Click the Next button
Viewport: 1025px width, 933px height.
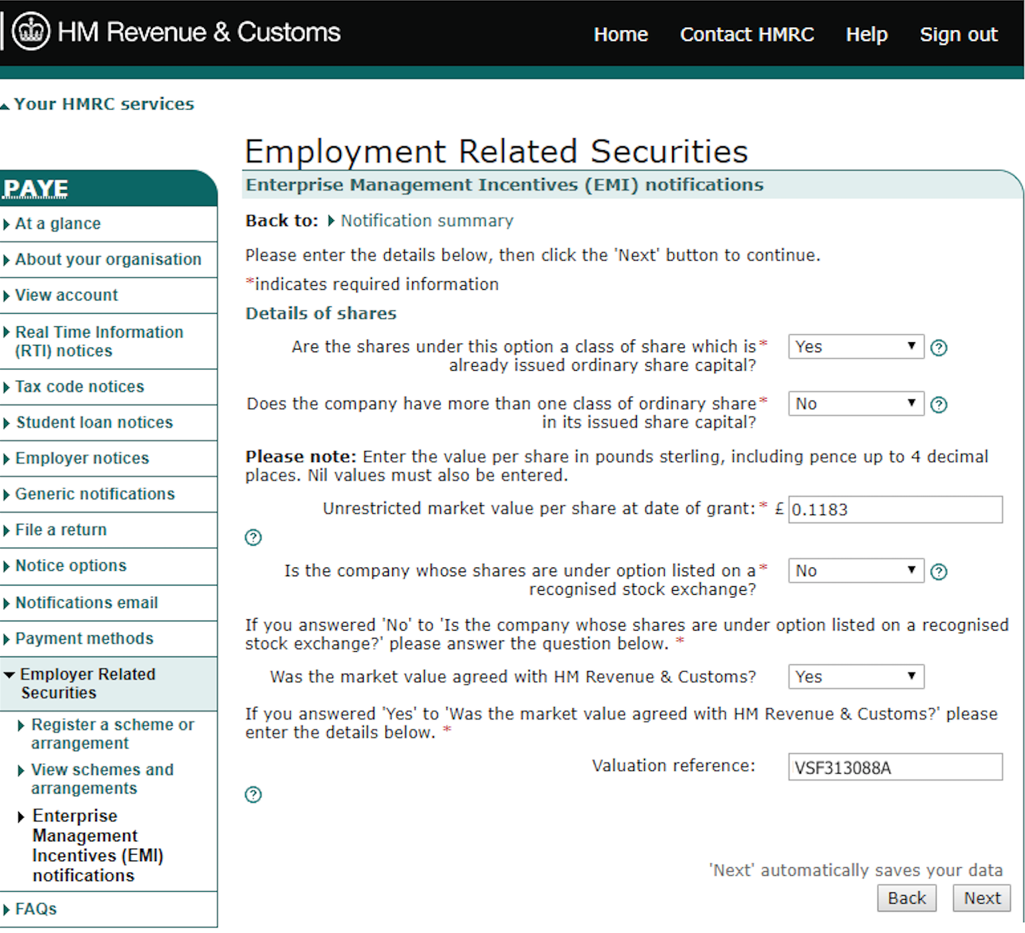click(982, 898)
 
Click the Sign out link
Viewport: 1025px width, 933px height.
click(958, 35)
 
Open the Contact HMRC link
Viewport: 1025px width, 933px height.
click(746, 35)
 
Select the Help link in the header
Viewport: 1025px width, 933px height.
click(866, 35)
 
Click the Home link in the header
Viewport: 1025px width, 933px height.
click(620, 35)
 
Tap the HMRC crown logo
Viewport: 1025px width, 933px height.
click(31, 31)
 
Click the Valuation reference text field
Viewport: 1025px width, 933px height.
click(895, 768)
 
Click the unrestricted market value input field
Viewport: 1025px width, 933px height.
click(895, 510)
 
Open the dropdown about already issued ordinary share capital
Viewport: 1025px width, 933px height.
click(855, 347)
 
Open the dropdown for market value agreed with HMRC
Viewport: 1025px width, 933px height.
click(855, 677)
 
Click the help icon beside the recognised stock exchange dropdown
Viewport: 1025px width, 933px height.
click(939, 572)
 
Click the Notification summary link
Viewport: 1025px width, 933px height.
click(427, 221)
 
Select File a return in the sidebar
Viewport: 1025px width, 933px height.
click(60, 530)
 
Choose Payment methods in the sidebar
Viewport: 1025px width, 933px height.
click(84, 639)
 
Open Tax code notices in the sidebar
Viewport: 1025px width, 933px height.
click(80, 387)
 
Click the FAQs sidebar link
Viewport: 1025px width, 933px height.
click(36, 909)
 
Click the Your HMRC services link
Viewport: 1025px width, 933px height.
click(104, 104)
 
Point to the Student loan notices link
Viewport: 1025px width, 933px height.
click(94, 423)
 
